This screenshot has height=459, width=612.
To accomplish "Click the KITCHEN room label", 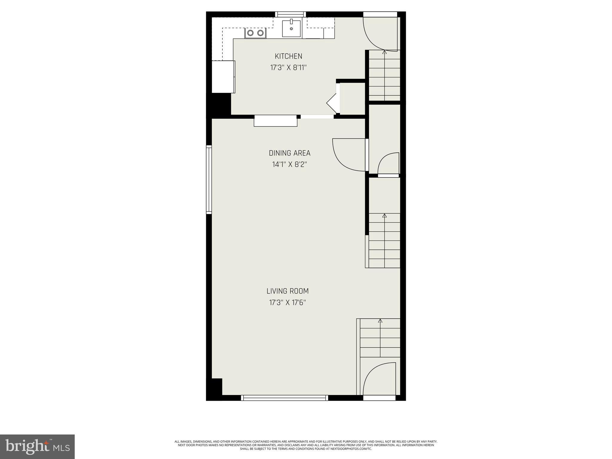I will [x=288, y=56].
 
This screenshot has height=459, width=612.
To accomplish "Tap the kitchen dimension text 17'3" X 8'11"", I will [x=288, y=68].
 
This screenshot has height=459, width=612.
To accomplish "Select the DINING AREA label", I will [x=290, y=153].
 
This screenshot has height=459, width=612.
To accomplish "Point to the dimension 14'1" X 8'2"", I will [x=290, y=165].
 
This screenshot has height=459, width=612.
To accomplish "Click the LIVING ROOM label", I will [x=287, y=291].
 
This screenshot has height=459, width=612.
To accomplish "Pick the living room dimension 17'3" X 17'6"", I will [x=287, y=303].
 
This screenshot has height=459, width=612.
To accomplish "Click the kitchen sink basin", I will [x=291, y=28].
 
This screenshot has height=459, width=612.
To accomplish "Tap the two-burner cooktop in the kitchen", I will [x=255, y=33].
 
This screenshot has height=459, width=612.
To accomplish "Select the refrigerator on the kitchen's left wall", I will [x=223, y=77].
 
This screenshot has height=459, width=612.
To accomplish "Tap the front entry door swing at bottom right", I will [x=378, y=378].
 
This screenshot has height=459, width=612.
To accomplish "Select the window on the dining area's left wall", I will [x=209, y=179].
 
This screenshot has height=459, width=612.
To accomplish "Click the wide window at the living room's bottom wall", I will [x=284, y=398].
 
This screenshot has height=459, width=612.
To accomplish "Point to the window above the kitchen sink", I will [x=290, y=14].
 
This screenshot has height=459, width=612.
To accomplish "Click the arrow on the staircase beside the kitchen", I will [x=384, y=53].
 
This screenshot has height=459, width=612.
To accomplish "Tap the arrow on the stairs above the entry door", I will [x=380, y=321].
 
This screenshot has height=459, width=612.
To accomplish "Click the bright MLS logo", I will [x=37, y=446].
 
